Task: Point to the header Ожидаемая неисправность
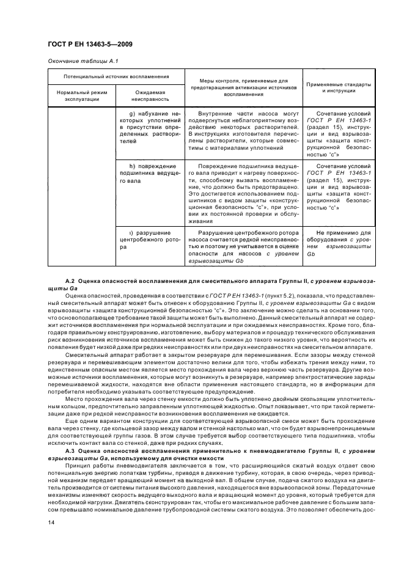[150, 96]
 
